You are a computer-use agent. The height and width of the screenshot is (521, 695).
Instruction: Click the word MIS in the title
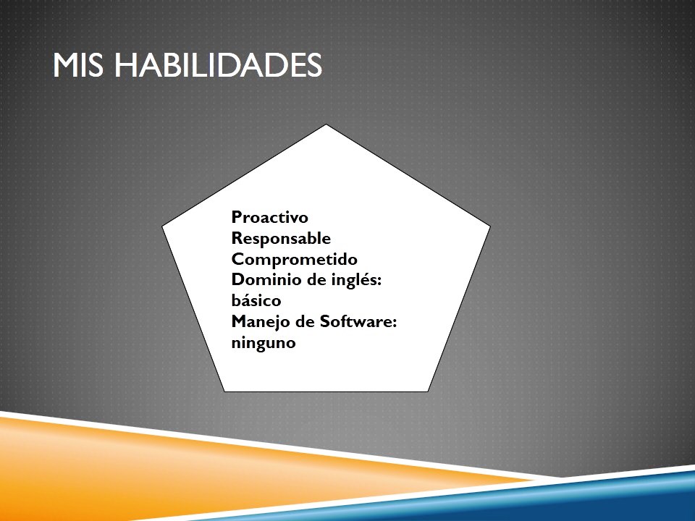coord(78,64)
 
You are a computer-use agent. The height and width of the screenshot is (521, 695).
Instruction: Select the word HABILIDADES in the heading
coord(218,64)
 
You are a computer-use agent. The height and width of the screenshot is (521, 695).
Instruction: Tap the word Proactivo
coord(269,217)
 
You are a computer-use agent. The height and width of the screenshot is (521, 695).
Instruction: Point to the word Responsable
coord(281,238)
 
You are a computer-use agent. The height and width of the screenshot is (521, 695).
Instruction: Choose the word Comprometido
coord(295,259)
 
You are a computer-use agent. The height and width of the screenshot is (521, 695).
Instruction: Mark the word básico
coord(256,300)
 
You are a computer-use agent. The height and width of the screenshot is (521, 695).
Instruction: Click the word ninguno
coord(264,343)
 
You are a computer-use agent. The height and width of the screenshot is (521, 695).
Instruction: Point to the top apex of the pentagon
coord(327,124)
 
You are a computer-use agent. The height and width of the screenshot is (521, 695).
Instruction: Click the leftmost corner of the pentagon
coord(162,226)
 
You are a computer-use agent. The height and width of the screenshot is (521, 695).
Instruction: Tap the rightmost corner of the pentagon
coord(490,226)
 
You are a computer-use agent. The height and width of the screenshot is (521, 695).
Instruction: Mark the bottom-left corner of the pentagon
coord(224,391)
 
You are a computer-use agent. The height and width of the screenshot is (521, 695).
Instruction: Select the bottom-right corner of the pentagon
coord(428,391)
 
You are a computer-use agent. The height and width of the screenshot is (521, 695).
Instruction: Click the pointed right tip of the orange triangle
coord(536,480)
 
